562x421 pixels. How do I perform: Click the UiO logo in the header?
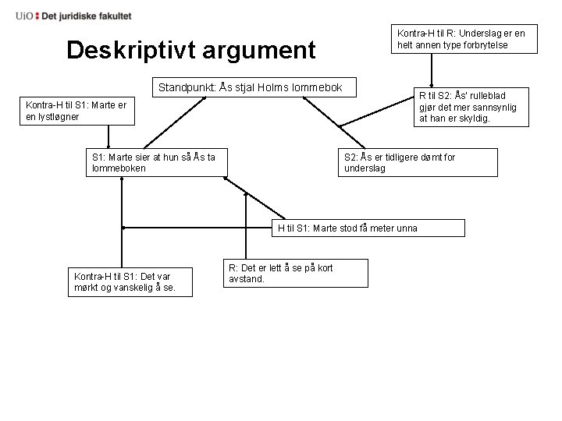[x=25, y=16]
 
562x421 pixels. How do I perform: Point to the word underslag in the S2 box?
[x=365, y=168]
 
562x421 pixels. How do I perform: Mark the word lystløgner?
[x=53, y=116]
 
